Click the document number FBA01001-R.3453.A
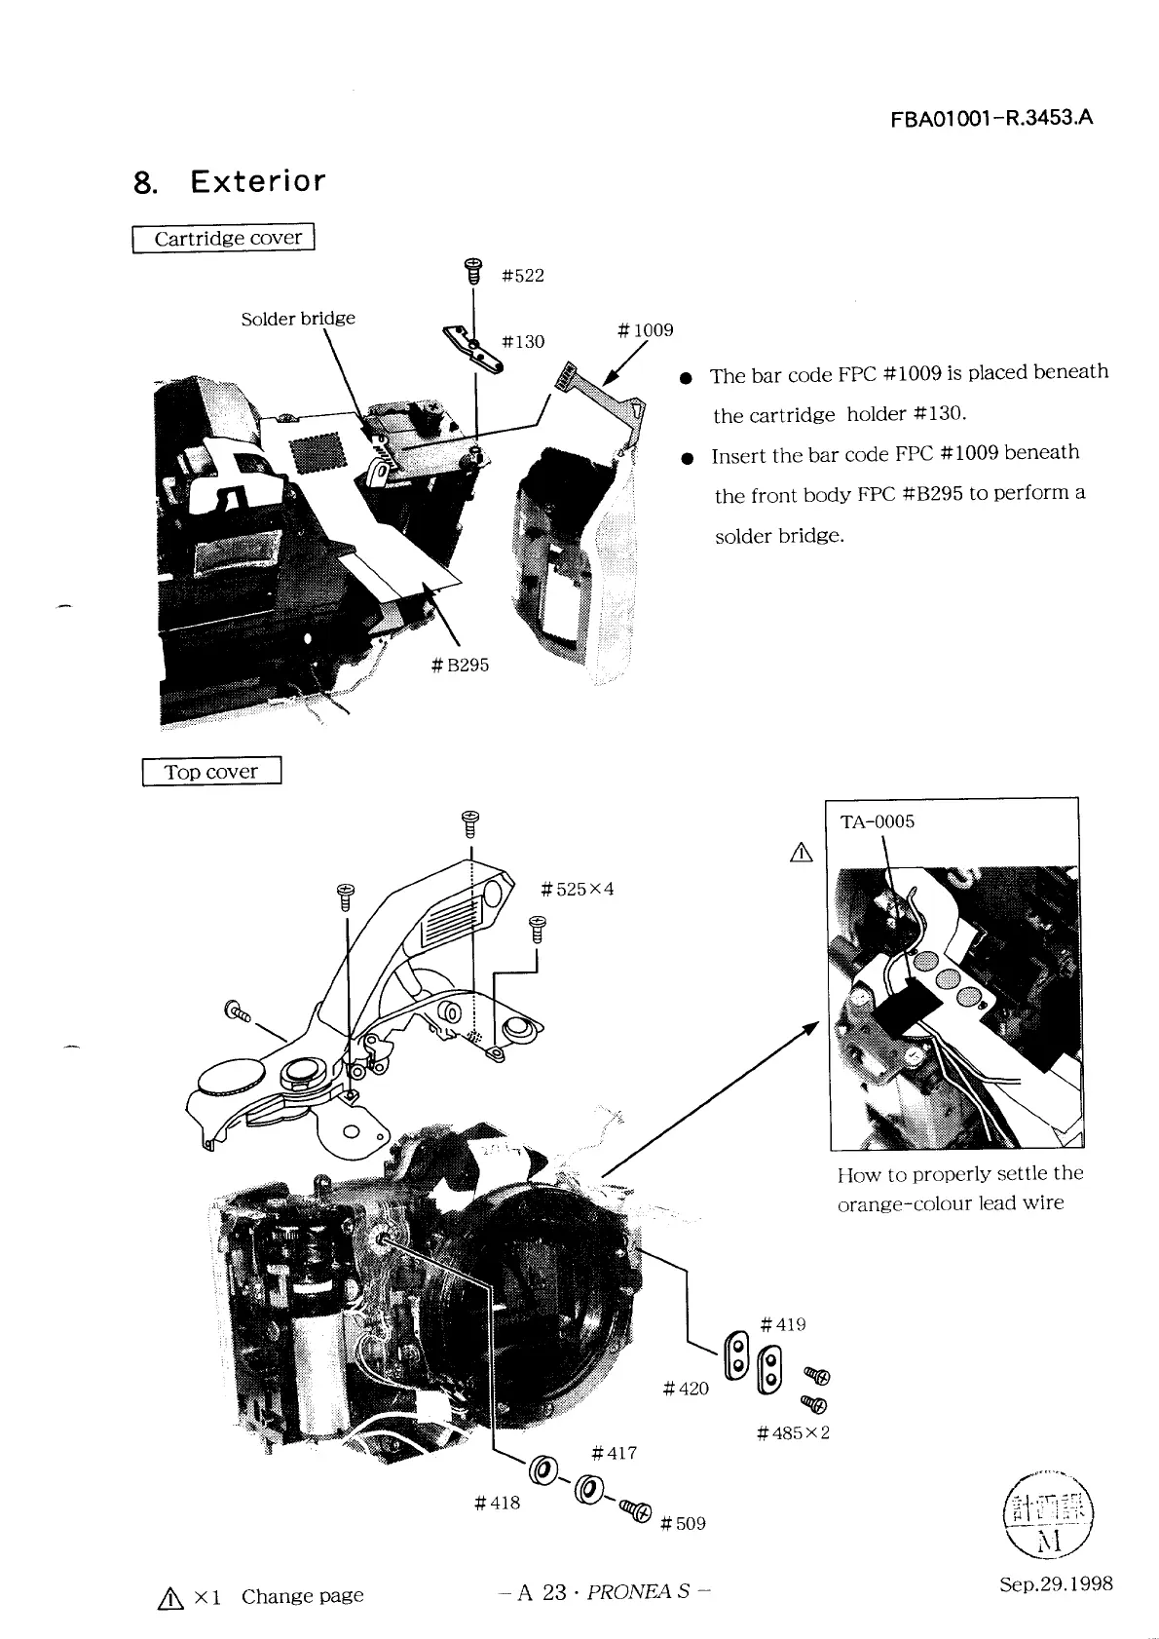tap(991, 119)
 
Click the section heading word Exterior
tap(258, 181)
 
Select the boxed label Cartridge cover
tap(224, 238)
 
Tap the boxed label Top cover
tap(211, 772)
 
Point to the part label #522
tap(522, 276)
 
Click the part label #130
tap(522, 342)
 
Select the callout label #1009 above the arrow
tap(645, 330)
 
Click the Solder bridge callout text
tap(298, 319)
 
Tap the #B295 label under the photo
tap(460, 666)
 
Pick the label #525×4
tap(578, 890)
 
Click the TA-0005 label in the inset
tap(877, 821)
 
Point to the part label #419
tap(783, 1325)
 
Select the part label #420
tap(686, 1389)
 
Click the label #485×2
tap(793, 1433)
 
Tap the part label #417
tap(615, 1454)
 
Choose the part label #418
tap(497, 1504)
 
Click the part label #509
tap(683, 1524)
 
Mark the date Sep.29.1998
tap(1056, 1583)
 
